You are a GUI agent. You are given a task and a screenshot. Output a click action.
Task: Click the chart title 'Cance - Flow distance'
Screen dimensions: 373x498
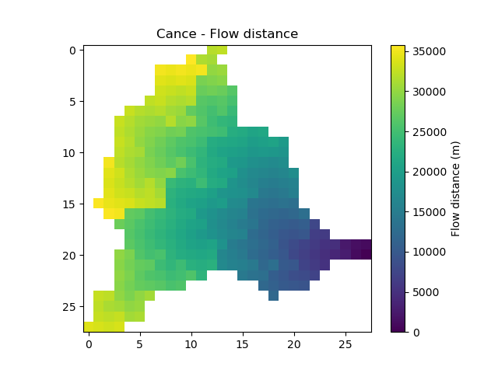pyautogui.click(x=227, y=34)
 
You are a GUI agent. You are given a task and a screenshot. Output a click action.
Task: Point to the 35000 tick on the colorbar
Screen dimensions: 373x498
pyautogui.click(x=427, y=51)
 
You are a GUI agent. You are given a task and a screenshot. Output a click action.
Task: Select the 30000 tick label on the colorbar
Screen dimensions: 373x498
pyautogui.click(x=427, y=91)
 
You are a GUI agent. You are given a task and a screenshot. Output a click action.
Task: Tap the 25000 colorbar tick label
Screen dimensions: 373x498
pyautogui.click(x=427, y=131)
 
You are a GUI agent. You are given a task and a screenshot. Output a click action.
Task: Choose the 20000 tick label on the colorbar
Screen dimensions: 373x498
pyautogui.click(x=427, y=172)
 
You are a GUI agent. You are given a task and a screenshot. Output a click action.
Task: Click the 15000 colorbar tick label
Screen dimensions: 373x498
pyautogui.click(x=427, y=211)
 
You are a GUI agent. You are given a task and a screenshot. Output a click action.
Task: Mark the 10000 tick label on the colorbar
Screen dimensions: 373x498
pyautogui.click(x=427, y=252)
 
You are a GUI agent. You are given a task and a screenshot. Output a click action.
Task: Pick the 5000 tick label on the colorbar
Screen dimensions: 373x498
pyautogui.click(x=424, y=292)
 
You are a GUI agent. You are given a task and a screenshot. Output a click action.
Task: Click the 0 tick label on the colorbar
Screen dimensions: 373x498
pyautogui.click(x=416, y=333)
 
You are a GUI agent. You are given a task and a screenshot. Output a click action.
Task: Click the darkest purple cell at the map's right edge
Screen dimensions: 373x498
pyautogui.click(x=366, y=249)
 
